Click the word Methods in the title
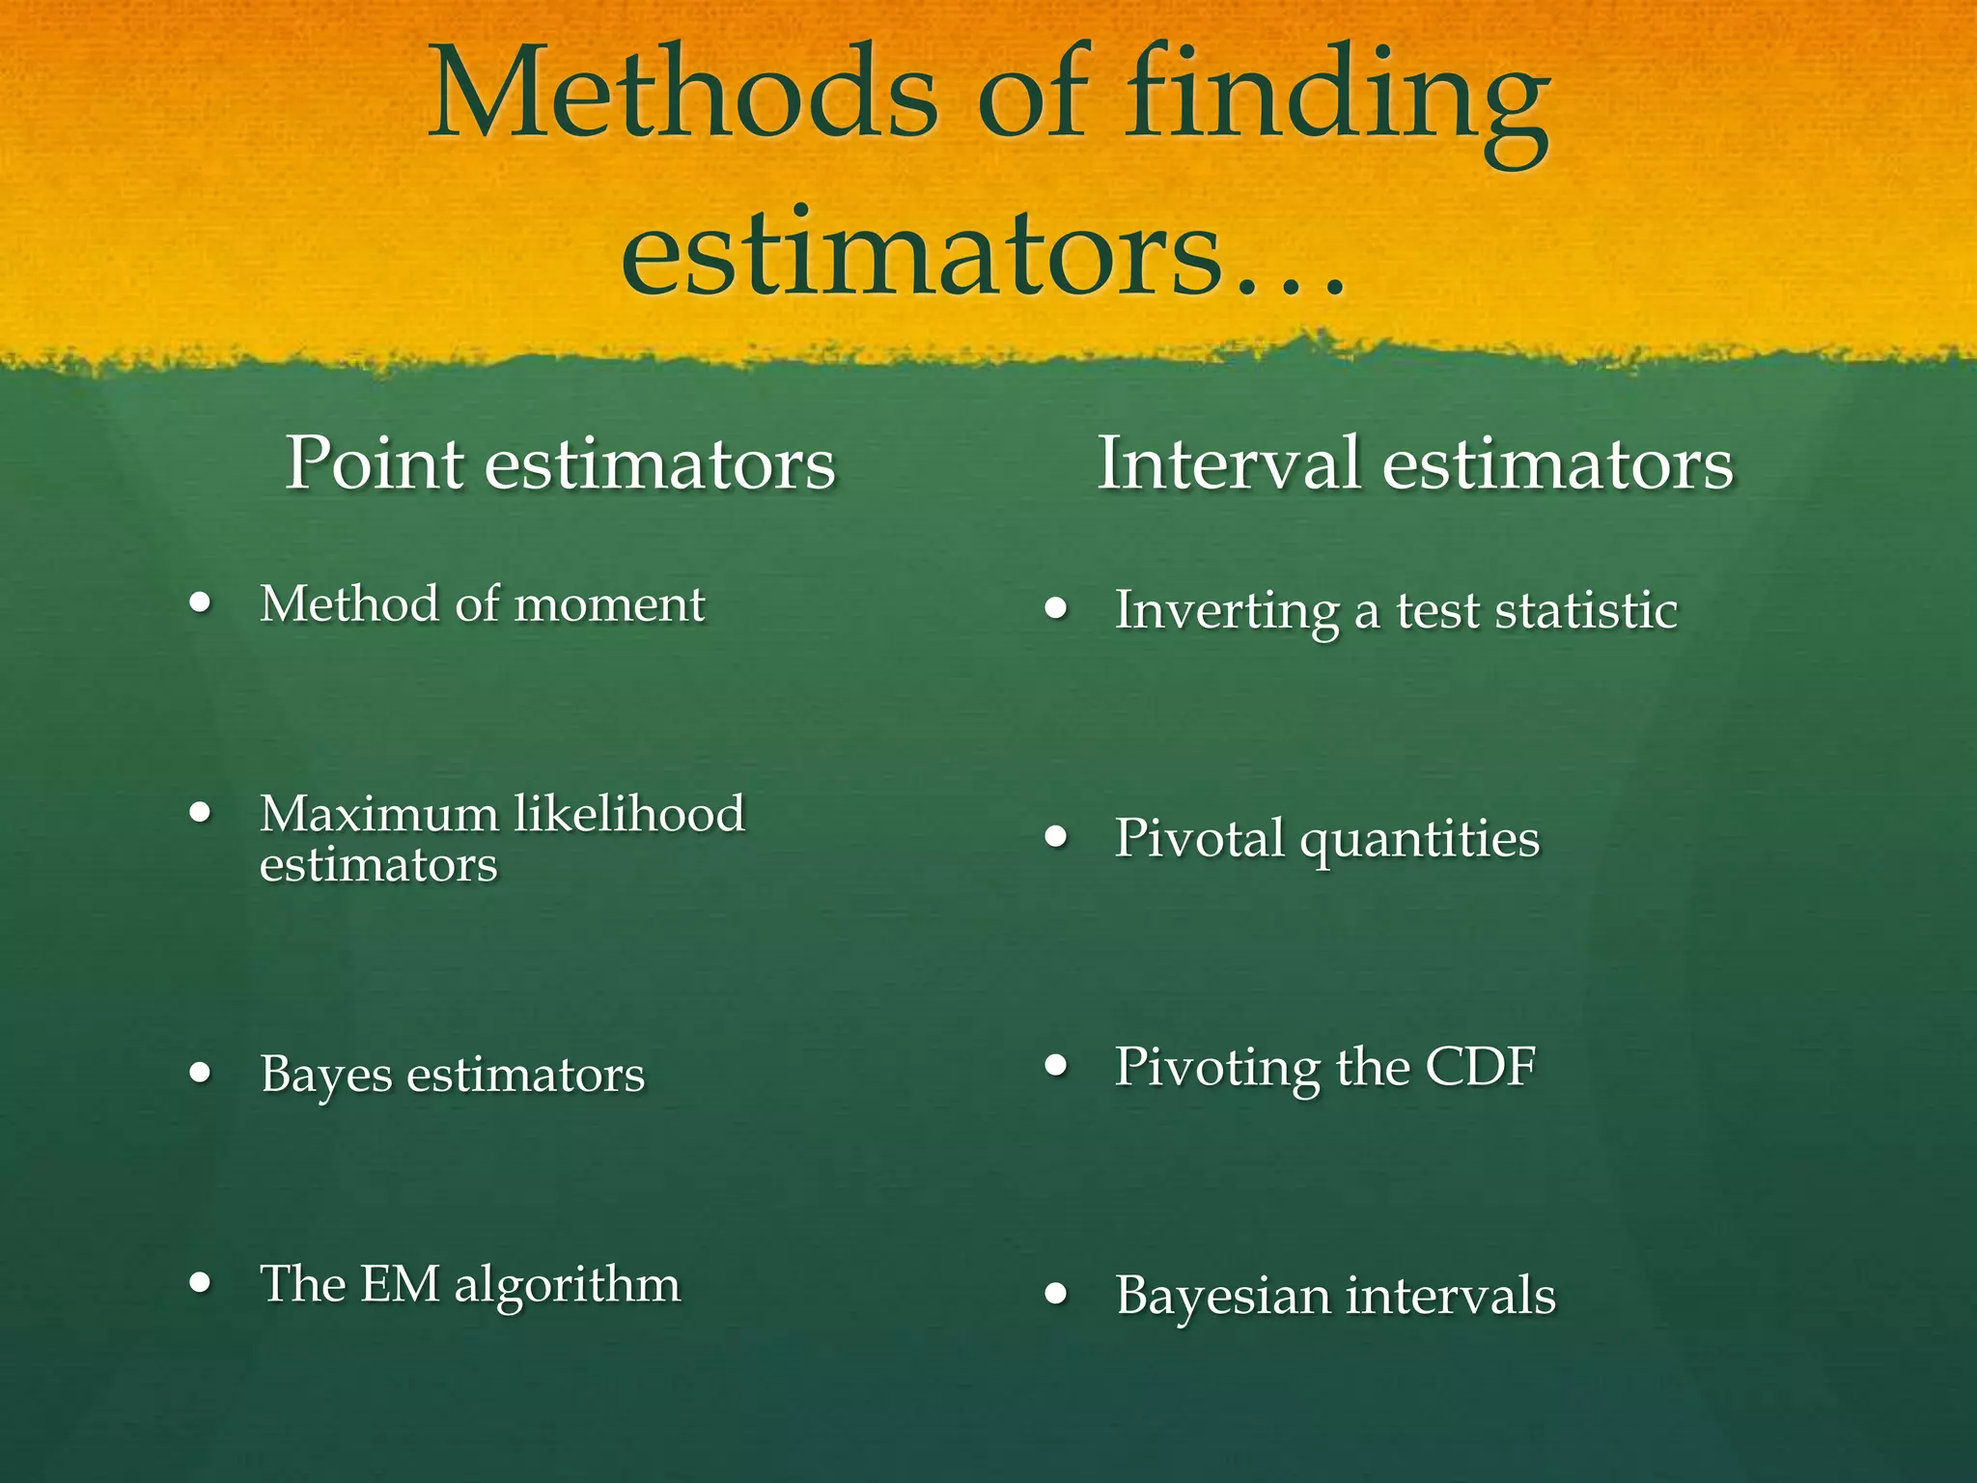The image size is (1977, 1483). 683,97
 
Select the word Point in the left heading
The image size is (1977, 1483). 375,463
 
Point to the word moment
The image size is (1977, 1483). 609,605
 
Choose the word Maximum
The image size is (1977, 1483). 377,813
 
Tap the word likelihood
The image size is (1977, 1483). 629,813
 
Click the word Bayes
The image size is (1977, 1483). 325,1075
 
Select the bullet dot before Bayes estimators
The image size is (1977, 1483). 200,1072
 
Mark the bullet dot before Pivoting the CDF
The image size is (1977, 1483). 1057,1066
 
